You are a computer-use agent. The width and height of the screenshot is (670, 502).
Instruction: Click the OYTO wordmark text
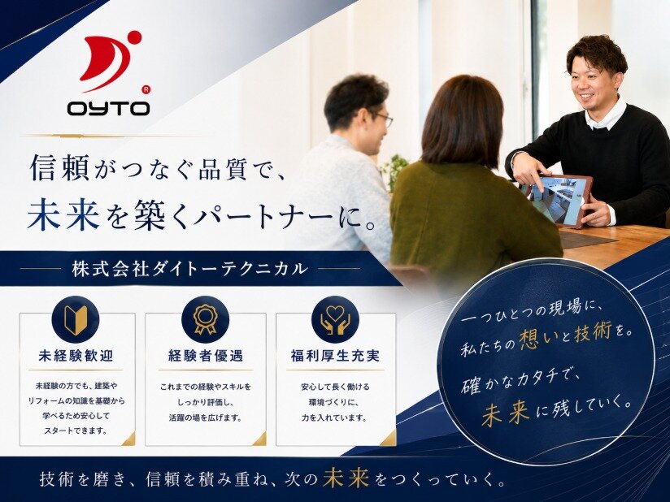point(108,108)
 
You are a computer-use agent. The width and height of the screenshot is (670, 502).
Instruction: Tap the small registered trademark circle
point(146,89)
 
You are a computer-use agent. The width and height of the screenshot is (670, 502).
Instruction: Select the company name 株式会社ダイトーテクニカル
point(189,269)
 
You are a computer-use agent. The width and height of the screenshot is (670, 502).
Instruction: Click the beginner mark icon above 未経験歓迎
point(76,319)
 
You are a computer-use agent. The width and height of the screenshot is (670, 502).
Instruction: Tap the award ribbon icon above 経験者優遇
point(205,319)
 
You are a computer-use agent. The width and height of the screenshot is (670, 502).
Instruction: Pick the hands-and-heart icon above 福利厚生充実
point(336,319)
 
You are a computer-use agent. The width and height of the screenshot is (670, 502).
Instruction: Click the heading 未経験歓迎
point(76,355)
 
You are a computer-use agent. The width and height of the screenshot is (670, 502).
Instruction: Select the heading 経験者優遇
point(206,355)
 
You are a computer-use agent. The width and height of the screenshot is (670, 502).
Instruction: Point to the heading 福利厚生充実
point(336,355)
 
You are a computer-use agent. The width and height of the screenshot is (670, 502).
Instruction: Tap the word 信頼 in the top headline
point(59,167)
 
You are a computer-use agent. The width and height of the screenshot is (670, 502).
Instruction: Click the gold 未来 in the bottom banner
point(346,478)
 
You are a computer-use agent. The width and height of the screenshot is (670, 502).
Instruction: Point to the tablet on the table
point(555,197)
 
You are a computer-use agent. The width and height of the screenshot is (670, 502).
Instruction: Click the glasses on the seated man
point(384,119)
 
